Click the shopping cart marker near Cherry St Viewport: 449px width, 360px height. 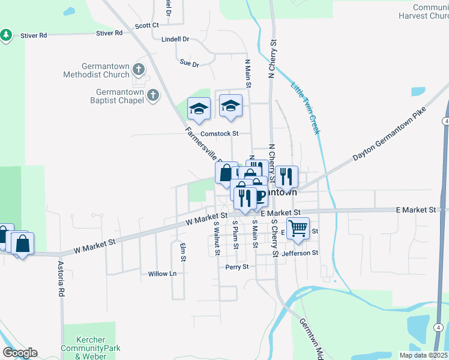click(x=298, y=228)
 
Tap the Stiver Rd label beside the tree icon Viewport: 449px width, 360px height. click(x=34, y=36)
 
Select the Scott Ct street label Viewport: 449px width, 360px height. click(x=146, y=25)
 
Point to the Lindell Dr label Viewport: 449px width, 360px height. click(x=175, y=39)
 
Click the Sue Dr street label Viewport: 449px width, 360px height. click(x=189, y=63)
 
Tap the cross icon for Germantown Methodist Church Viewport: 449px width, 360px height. click(x=139, y=70)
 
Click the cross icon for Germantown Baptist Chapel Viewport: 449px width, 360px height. click(x=153, y=95)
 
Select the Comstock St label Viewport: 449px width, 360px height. click(x=220, y=133)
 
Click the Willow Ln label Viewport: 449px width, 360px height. click(x=163, y=274)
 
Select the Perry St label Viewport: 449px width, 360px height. click(x=237, y=267)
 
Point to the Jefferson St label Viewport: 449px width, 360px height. click(x=300, y=253)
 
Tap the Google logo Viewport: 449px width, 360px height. click(x=20, y=353)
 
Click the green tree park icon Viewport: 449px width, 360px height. click(x=7, y=35)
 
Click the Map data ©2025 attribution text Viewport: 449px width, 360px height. click(x=423, y=355)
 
